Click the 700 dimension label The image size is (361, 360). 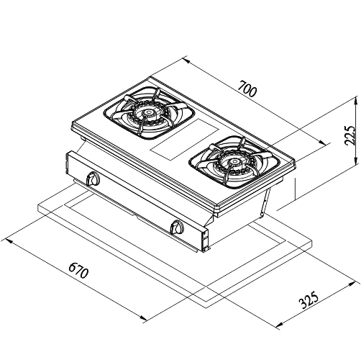click(248, 89)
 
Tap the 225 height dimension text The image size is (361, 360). click(349, 135)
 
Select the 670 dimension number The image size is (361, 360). click(79, 270)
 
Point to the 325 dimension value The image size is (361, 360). click(309, 300)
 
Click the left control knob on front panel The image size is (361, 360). click(92, 179)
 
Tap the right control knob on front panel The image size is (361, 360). click(177, 227)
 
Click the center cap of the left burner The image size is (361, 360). click(147, 113)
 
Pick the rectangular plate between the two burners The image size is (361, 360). click(185, 140)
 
